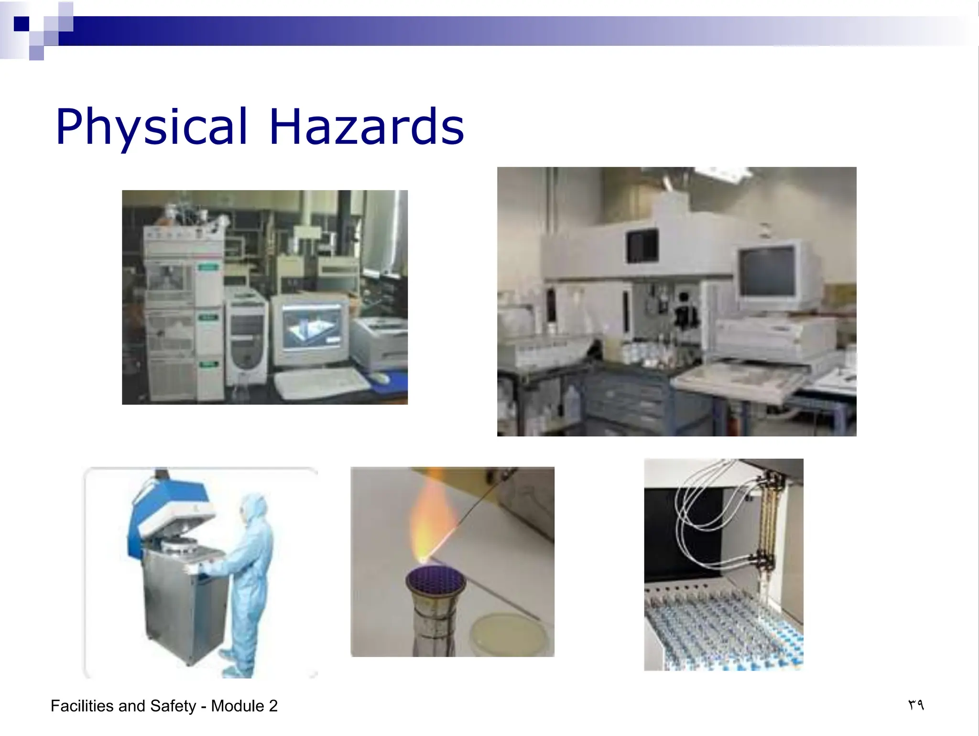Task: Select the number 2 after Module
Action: click(273, 706)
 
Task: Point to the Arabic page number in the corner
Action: click(916, 705)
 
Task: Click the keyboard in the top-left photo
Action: click(320, 383)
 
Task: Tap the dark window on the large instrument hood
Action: click(642, 246)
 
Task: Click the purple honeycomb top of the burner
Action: click(435, 580)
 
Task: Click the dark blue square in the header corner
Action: click(22, 23)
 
